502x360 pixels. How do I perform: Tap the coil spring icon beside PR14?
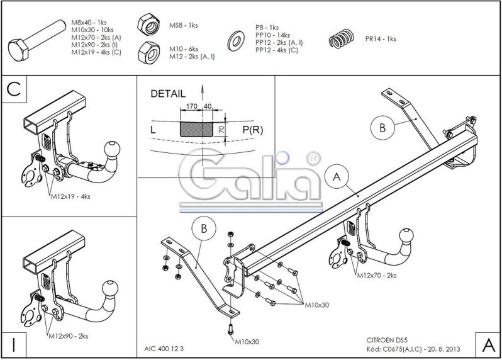[x=343, y=38]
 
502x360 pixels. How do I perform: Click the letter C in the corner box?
[x=13, y=90]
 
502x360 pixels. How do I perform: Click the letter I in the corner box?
[x=13, y=345]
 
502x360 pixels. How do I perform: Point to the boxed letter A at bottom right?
[x=488, y=345]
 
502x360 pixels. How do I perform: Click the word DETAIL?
[x=168, y=94]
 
